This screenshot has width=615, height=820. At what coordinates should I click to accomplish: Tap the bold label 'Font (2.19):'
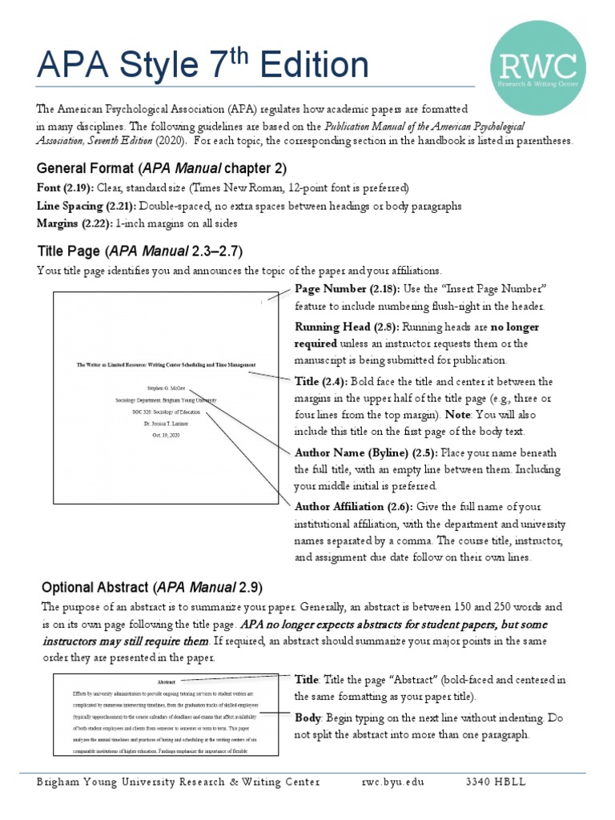coord(65,188)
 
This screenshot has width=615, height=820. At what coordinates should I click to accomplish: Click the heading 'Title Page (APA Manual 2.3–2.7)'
coord(140,250)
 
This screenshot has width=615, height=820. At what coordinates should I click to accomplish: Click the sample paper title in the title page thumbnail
coord(167,364)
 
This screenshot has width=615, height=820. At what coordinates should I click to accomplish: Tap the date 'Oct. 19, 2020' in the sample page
coord(167,434)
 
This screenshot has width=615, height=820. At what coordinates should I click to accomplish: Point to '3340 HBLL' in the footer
coord(496,782)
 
